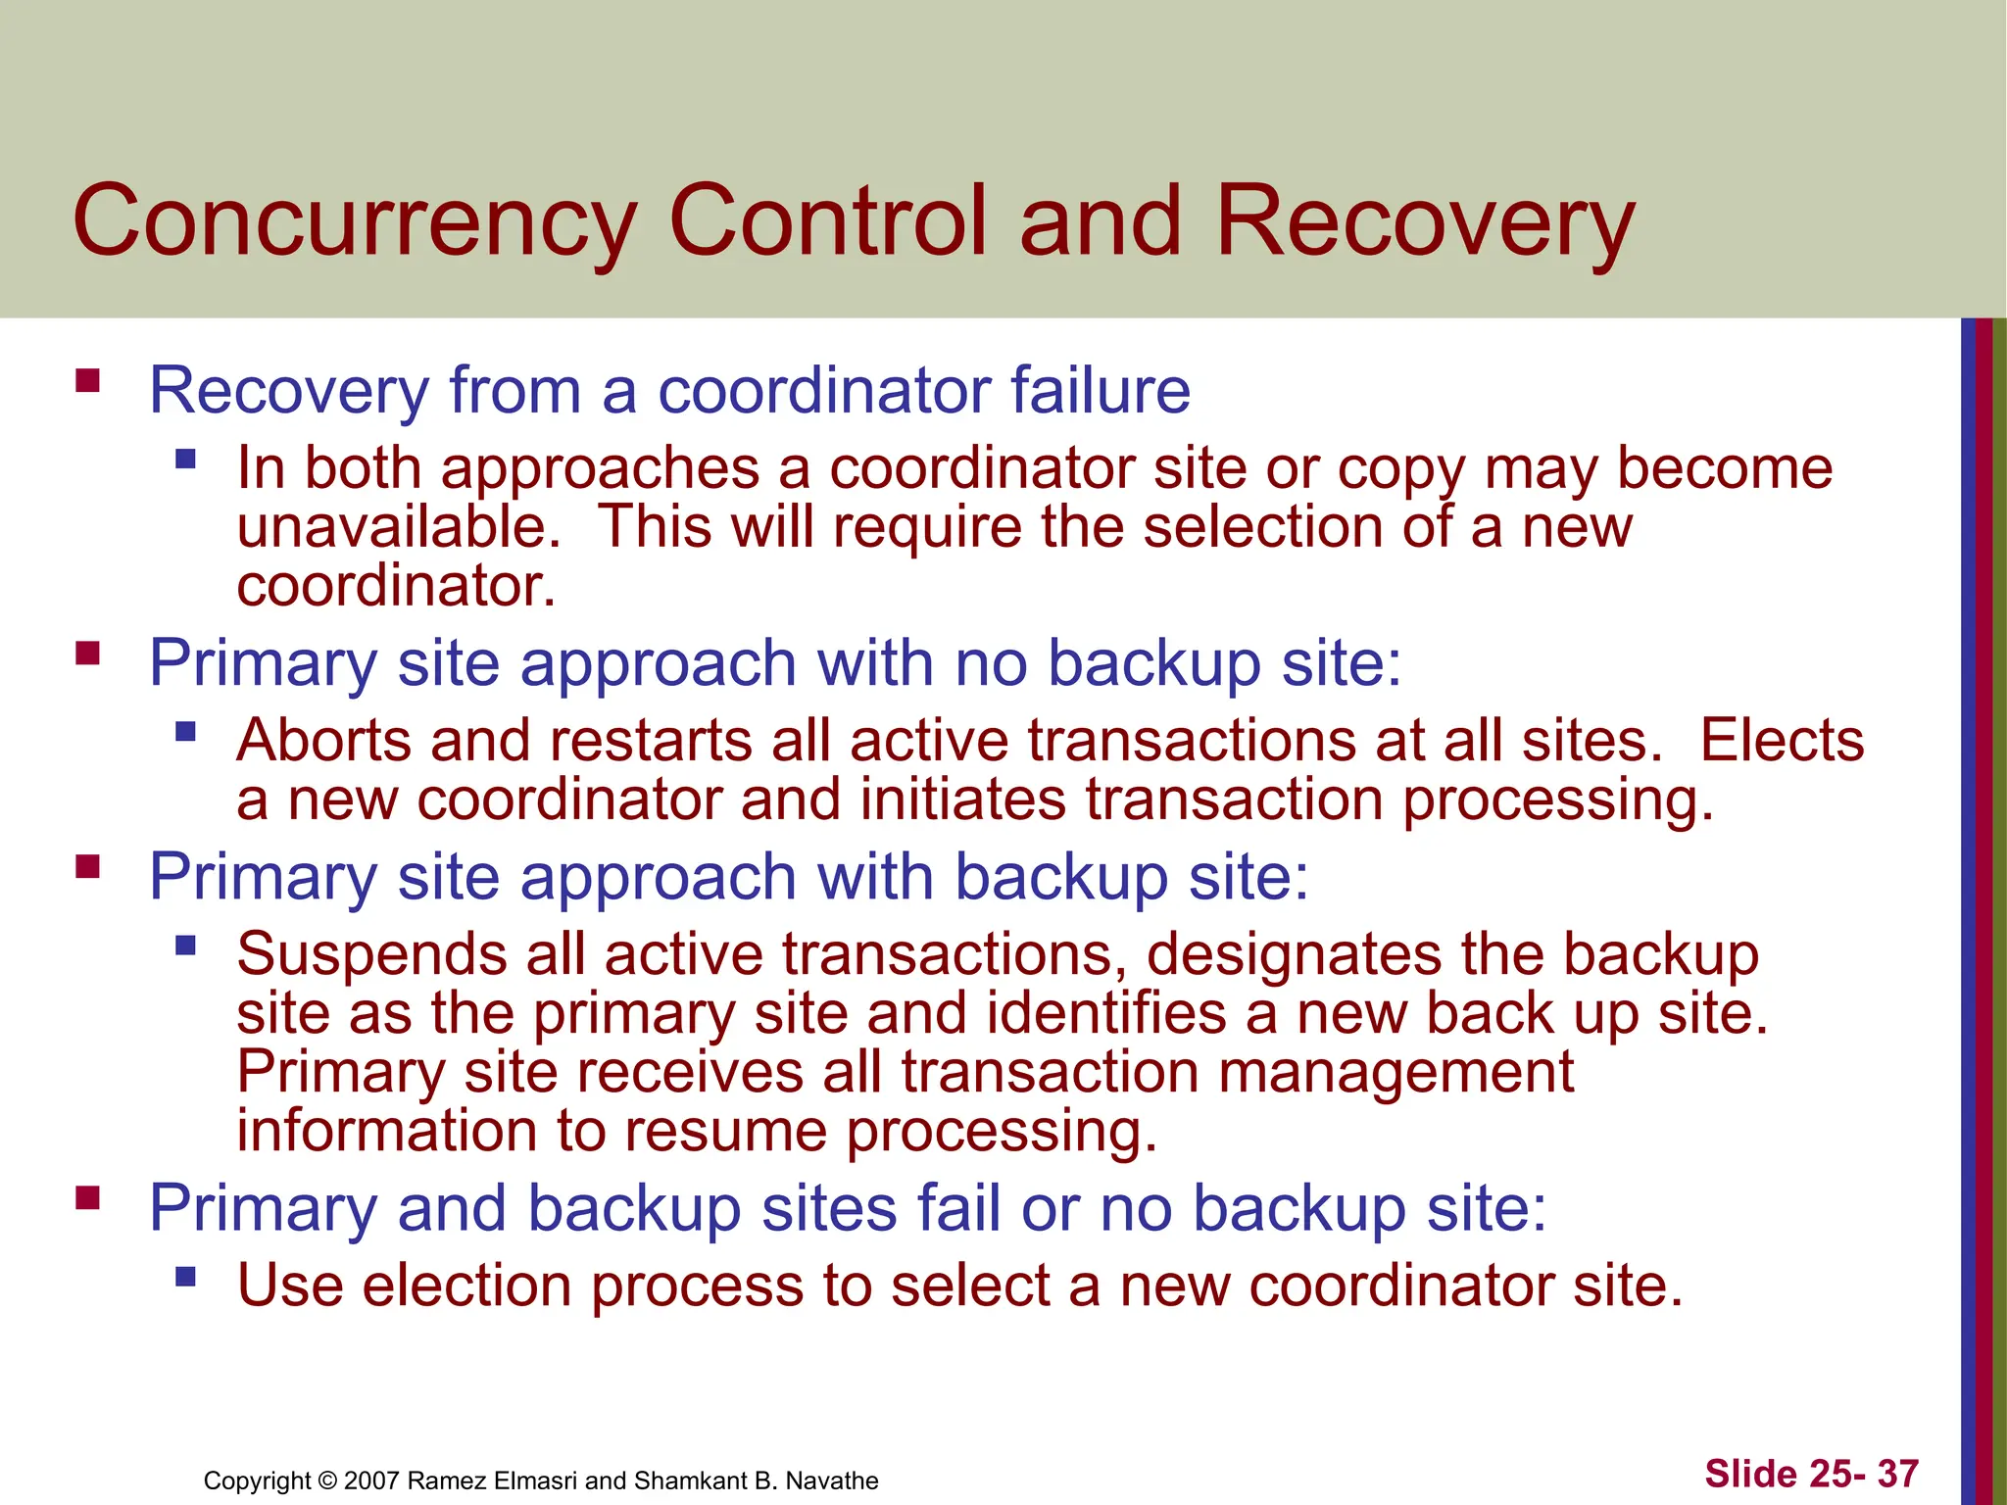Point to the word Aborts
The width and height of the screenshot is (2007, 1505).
323,740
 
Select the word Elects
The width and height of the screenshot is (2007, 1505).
1781,740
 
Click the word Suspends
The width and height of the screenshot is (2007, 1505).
371,953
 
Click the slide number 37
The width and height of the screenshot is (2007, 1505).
1897,1474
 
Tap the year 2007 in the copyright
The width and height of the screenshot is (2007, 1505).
372,1481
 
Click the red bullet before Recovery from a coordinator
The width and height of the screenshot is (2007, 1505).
87,380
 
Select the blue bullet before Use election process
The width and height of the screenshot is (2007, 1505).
185,1277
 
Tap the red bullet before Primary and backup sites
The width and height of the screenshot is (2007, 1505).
87,1197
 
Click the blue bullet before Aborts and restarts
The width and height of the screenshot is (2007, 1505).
185,731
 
